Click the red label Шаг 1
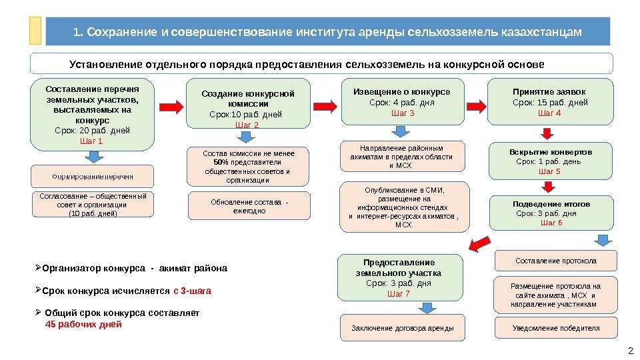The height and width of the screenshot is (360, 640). tap(91, 141)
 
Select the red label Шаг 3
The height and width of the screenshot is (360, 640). tap(402, 113)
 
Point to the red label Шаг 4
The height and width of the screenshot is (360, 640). tap(549, 113)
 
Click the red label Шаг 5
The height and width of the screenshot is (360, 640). tap(549, 171)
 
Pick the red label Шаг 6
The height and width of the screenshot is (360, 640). tap(551, 223)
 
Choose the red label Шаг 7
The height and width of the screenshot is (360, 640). tap(399, 293)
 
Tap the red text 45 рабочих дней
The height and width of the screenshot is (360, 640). tap(83, 325)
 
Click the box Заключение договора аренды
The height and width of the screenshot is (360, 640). tap(402, 328)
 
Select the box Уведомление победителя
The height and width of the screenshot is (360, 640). tap(555, 328)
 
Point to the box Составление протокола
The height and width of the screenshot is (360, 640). tap(555, 261)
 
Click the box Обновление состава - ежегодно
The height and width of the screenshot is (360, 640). tap(249, 206)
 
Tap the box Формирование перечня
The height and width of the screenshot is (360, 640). tap(92, 177)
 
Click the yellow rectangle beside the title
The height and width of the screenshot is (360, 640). tap(35, 31)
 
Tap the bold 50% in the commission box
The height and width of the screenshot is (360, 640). tap(220, 162)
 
